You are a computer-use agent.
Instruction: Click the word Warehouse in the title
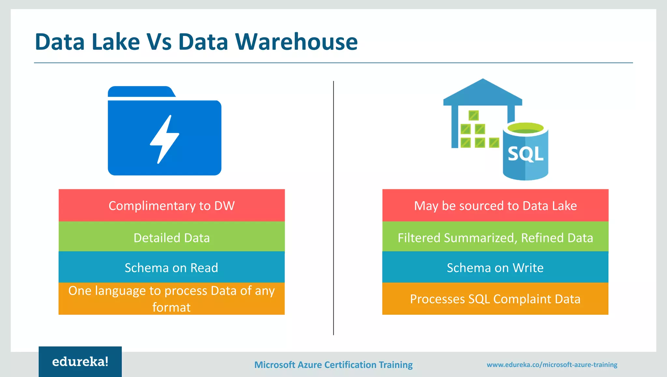[x=296, y=42]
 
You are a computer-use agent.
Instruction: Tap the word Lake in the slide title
[x=116, y=42]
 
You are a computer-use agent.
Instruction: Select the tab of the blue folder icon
[x=140, y=92]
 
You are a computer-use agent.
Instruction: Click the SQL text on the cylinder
[x=525, y=154]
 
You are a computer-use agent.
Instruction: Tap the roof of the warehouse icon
[x=483, y=93]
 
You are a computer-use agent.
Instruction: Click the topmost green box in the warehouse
[x=473, y=115]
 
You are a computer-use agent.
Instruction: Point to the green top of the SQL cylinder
[x=525, y=128]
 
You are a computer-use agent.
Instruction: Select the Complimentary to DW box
[x=172, y=206]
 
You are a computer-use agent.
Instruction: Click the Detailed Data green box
[x=172, y=238]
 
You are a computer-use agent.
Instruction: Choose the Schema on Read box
[x=172, y=268]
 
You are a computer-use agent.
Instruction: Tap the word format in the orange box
[x=171, y=307]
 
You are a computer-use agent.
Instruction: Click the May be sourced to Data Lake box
[x=495, y=206]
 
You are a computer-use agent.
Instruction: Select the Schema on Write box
[x=495, y=268]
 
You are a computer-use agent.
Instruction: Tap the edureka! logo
[x=80, y=362]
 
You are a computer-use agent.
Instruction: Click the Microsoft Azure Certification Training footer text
[x=333, y=365]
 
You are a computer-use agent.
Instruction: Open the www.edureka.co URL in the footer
[x=552, y=365]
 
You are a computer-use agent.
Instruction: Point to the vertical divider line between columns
[x=333, y=209]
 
